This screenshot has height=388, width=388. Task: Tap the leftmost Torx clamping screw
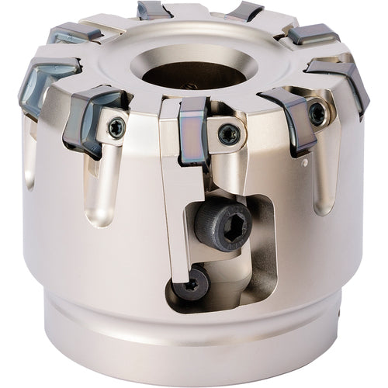(x=116, y=129)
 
